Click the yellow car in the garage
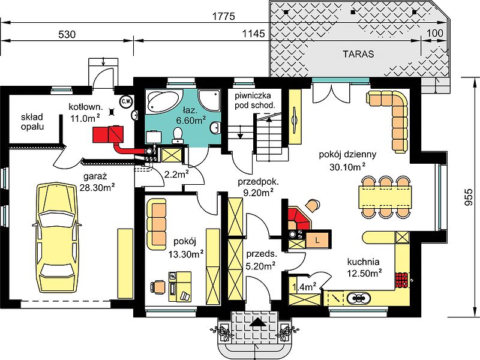[57, 238]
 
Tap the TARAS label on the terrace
[358, 54]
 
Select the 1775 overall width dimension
[224, 16]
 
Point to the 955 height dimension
[469, 197]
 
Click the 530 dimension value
[67, 34]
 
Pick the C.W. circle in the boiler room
[125, 101]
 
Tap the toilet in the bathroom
[178, 134]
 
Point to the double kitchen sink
[359, 297]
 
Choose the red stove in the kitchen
[401, 280]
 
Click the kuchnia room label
[363, 262]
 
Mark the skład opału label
[32, 122]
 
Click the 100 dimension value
[434, 33]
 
